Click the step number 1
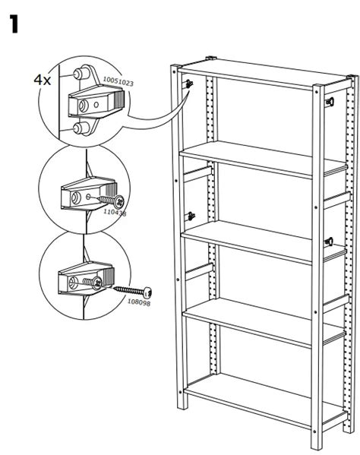point(14,24)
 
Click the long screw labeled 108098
point(132,291)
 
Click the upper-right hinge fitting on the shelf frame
point(330,101)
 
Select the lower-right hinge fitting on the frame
point(330,242)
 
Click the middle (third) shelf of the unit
point(254,240)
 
